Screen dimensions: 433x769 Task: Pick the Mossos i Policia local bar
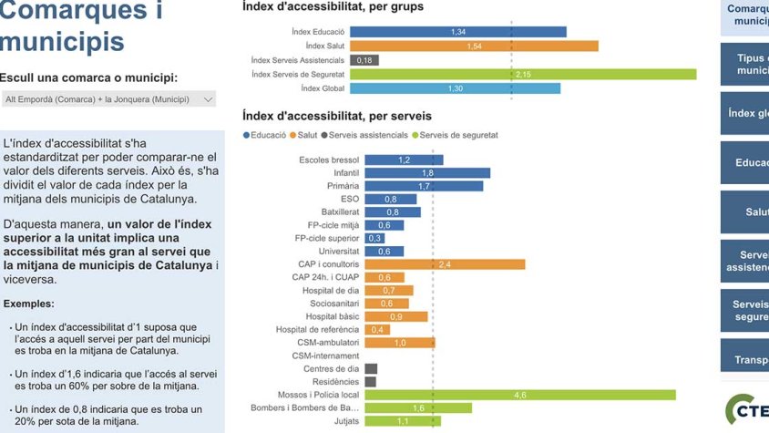(x=520, y=395)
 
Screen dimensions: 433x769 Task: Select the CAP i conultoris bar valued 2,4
(x=445, y=264)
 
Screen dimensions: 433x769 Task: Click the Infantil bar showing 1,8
(x=427, y=172)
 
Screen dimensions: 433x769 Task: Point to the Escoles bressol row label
(x=329, y=160)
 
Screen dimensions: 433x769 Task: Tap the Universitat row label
(x=337, y=252)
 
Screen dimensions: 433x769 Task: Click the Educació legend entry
(x=267, y=135)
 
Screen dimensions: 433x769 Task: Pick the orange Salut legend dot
(x=292, y=135)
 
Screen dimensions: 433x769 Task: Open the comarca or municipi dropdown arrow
(x=208, y=99)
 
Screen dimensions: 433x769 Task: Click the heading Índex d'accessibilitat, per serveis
(x=336, y=116)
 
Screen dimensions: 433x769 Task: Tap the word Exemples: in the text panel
(x=28, y=304)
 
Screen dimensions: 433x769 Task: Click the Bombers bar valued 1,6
(x=418, y=408)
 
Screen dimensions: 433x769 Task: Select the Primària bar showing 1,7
(x=424, y=186)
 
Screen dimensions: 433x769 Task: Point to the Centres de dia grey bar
(x=371, y=369)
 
